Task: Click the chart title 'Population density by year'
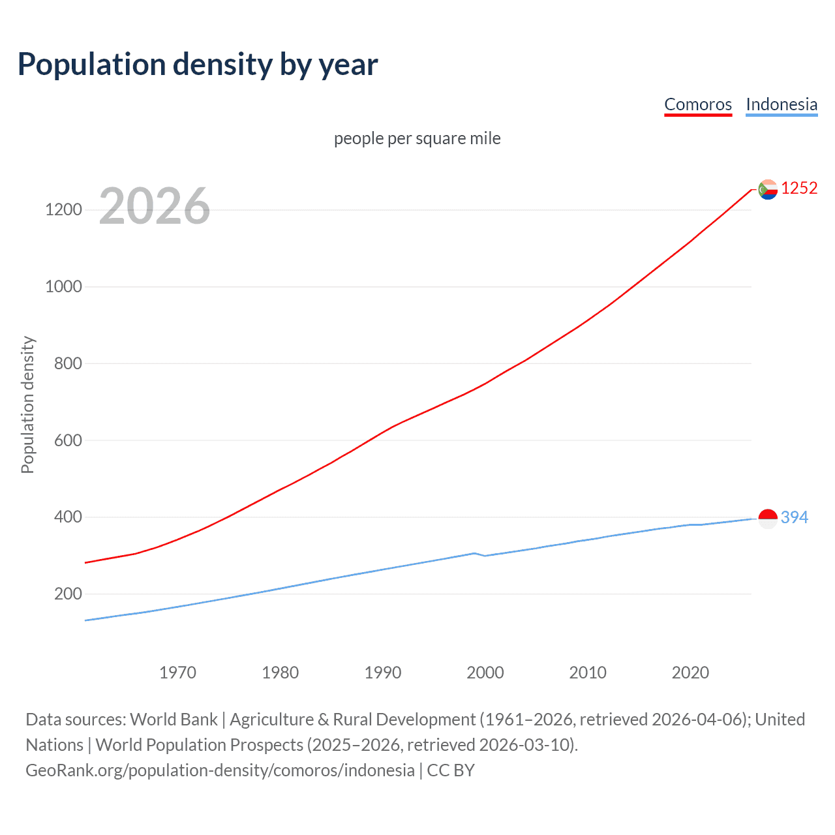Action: [x=198, y=65]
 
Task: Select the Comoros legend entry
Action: [x=697, y=104]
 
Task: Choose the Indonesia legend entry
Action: [x=781, y=104]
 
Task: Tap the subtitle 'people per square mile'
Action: [x=417, y=138]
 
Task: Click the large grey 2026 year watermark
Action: [x=155, y=206]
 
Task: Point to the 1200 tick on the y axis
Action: [x=63, y=209]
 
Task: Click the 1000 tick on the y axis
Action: [x=63, y=286]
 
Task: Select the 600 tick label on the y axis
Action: [x=68, y=440]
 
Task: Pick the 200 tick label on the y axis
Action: [x=68, y=594]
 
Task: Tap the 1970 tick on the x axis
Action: [x=177, y=673]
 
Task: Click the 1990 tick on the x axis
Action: [x=383, y=673]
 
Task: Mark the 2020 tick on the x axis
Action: [x=690, y=673]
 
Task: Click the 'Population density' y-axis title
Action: [x=27, y=404]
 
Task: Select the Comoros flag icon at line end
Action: [x=768, y=189]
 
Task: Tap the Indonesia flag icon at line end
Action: [x=768, y=519]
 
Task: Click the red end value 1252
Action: [x=799, y=188]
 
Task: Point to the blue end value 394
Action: [x=795, y=517]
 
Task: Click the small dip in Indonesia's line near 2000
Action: [x=485, y=556]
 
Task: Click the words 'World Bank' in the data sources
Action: [x=174, y=720]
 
